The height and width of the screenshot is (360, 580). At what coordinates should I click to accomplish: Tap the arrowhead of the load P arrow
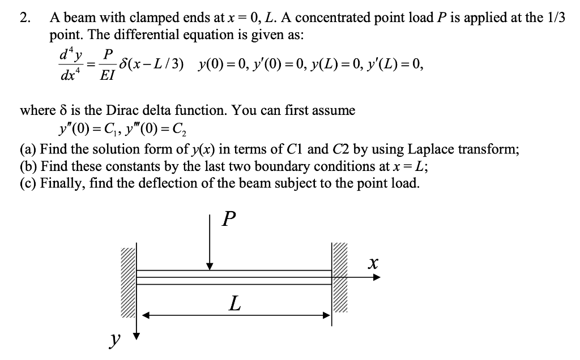210,265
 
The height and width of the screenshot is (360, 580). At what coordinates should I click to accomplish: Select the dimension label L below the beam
234,305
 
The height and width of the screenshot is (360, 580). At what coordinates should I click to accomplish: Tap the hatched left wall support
128,277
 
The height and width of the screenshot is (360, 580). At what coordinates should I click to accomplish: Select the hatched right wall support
342,277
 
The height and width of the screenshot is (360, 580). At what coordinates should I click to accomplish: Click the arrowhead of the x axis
377,277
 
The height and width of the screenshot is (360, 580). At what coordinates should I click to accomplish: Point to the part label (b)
29,167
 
